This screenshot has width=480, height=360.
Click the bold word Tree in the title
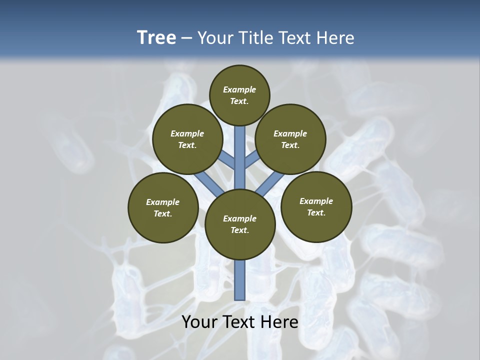tap(156, 37)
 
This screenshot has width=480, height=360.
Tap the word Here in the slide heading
tap(335, 38)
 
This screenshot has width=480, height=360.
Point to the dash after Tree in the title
tap(187, 38)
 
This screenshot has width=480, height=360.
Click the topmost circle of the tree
tap(239, 95)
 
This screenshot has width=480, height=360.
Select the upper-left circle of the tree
tap(187, 139)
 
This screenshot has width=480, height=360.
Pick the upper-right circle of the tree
tap(290, 139)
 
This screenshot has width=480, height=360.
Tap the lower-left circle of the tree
tap(163, 208)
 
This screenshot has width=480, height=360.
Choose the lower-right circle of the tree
tap(316, 207)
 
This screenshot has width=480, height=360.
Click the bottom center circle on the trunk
tap(240, 224)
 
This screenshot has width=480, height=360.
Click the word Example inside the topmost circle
tap(239, 90)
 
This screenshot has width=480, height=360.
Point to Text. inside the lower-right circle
tap(316, 213)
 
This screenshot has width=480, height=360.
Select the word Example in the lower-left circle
tap(163, 202)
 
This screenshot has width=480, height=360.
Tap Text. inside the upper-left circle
tap(187, 145)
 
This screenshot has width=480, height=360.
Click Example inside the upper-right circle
tap(290, 134)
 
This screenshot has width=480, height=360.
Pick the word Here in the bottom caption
tap(280, 322)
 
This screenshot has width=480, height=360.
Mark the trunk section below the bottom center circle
tap(240, 280)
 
